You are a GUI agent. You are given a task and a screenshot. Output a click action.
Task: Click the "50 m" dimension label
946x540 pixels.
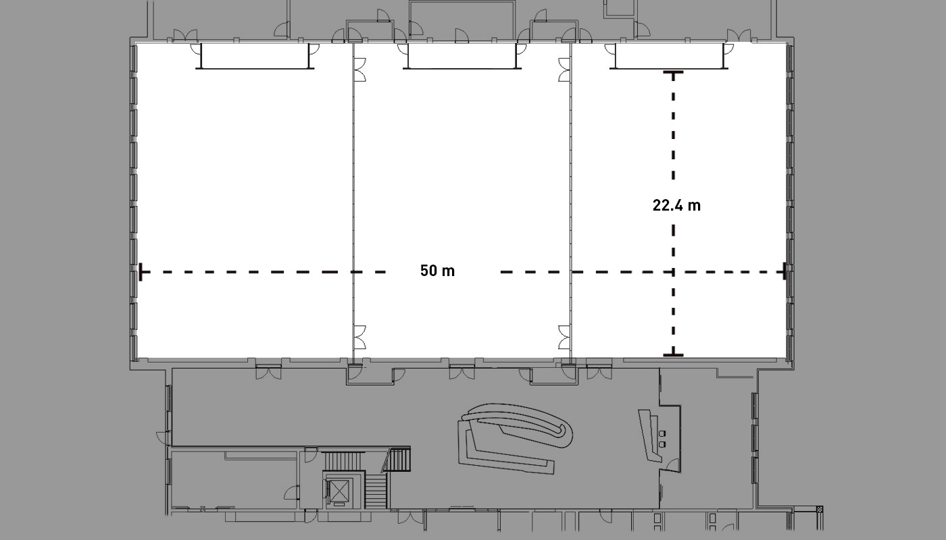[438, 271]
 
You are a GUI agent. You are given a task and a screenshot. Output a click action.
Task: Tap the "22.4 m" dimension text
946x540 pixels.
[676, 205]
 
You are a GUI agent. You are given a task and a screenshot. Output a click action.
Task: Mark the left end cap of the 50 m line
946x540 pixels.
[141, 272]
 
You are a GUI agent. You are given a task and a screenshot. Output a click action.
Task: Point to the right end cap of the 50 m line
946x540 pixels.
[785, 271]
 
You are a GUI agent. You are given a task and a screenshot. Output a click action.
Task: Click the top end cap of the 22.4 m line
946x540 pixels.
[673, 74]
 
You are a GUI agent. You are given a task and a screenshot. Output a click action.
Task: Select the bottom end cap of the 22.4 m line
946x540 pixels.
[673, 355]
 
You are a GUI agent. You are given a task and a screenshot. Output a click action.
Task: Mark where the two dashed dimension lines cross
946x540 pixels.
[673, 272]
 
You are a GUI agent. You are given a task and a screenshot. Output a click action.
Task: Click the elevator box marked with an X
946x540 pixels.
[339, 491]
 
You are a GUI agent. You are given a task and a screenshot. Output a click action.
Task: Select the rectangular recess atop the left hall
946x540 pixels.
[255, 56]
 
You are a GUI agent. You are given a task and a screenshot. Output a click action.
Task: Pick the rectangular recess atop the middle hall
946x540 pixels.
[462, 56]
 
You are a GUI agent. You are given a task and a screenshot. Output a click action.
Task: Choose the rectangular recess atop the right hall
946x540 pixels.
[669, 56]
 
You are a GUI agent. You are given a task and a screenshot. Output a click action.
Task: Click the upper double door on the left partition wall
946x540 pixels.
[359, 70]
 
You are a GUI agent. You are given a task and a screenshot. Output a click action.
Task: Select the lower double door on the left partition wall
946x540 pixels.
[359, 337]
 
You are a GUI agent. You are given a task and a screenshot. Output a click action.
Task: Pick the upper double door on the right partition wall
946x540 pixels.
[564, 70]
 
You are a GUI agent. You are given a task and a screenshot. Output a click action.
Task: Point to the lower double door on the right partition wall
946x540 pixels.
[564, 337]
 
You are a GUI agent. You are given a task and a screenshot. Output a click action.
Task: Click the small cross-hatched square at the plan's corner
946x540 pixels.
[819, 509]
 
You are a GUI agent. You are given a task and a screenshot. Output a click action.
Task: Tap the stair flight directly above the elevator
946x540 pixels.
[343, 461]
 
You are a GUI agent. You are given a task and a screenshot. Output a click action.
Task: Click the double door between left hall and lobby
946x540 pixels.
[269, 373]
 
